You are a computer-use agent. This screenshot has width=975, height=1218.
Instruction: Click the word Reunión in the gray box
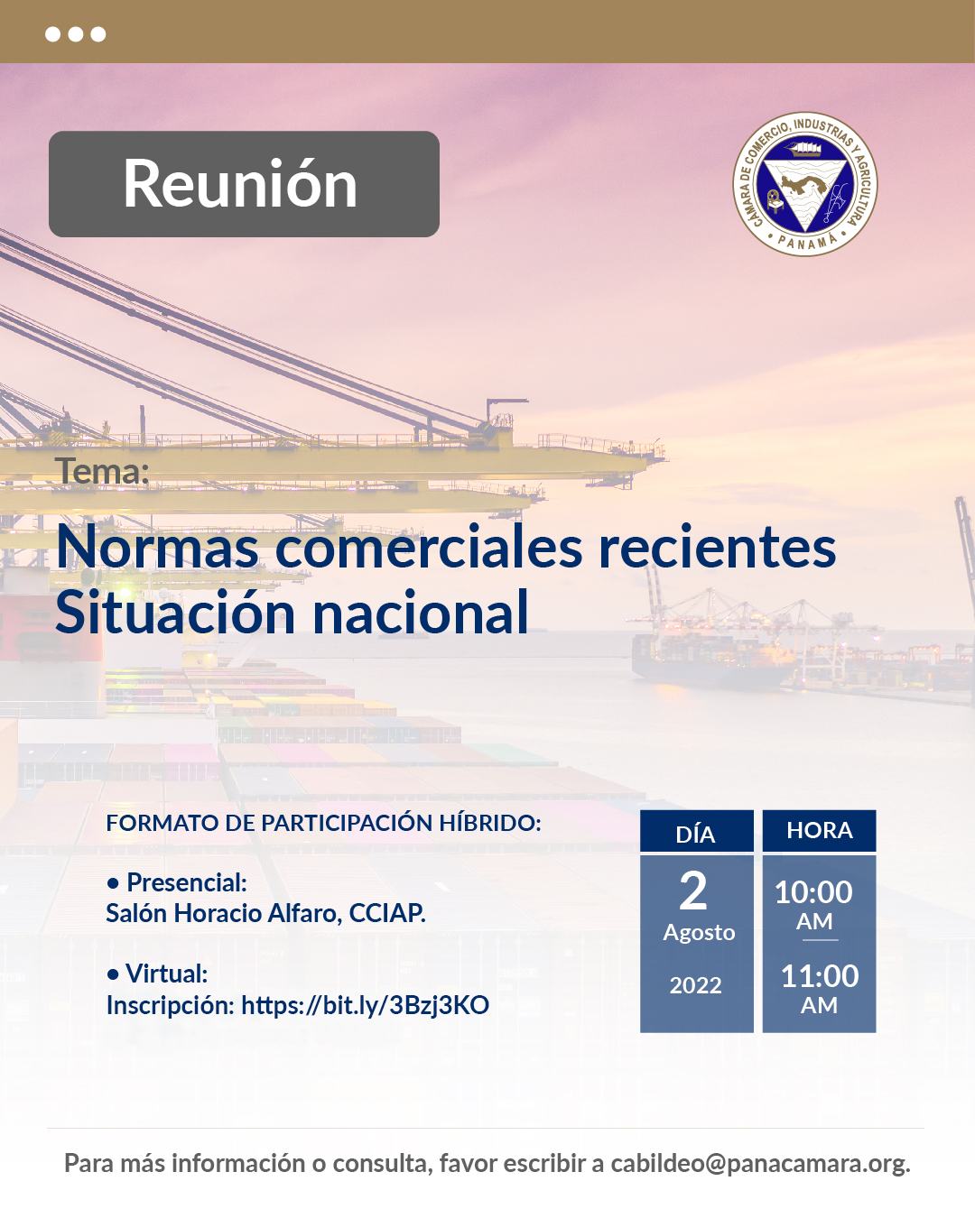(240, 183)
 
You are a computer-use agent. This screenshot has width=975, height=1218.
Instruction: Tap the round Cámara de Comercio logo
(804, 184)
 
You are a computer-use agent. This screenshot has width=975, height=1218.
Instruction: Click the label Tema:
(102, 471)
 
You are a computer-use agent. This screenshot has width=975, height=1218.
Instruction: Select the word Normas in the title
(157, 547)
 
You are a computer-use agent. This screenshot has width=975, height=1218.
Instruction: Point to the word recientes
(717, 547)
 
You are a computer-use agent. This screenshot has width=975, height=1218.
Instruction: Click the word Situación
(176, 613)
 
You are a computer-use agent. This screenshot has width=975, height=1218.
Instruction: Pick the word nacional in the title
(421, 613)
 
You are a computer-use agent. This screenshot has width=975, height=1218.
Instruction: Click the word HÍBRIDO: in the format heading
(490, 823)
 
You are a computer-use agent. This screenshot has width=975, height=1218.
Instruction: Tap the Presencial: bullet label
(177, 881)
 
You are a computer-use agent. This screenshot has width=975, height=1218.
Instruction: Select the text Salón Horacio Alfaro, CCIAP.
(265, 913)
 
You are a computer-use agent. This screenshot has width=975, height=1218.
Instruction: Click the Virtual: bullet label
(157, 973)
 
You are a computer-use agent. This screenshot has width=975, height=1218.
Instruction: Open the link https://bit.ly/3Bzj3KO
(365, 1005)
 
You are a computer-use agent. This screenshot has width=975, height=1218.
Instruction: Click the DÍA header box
(696, 831)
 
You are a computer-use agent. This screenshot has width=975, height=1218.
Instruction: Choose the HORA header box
(819, 831)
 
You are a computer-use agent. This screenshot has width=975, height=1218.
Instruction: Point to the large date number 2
(693, 890)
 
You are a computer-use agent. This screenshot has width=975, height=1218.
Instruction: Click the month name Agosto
(699, 933)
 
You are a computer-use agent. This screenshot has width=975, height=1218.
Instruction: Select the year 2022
(696, 985)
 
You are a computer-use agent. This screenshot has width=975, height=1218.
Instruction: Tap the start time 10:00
(813, 892)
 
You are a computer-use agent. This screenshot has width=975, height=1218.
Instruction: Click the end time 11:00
(819, 976)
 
